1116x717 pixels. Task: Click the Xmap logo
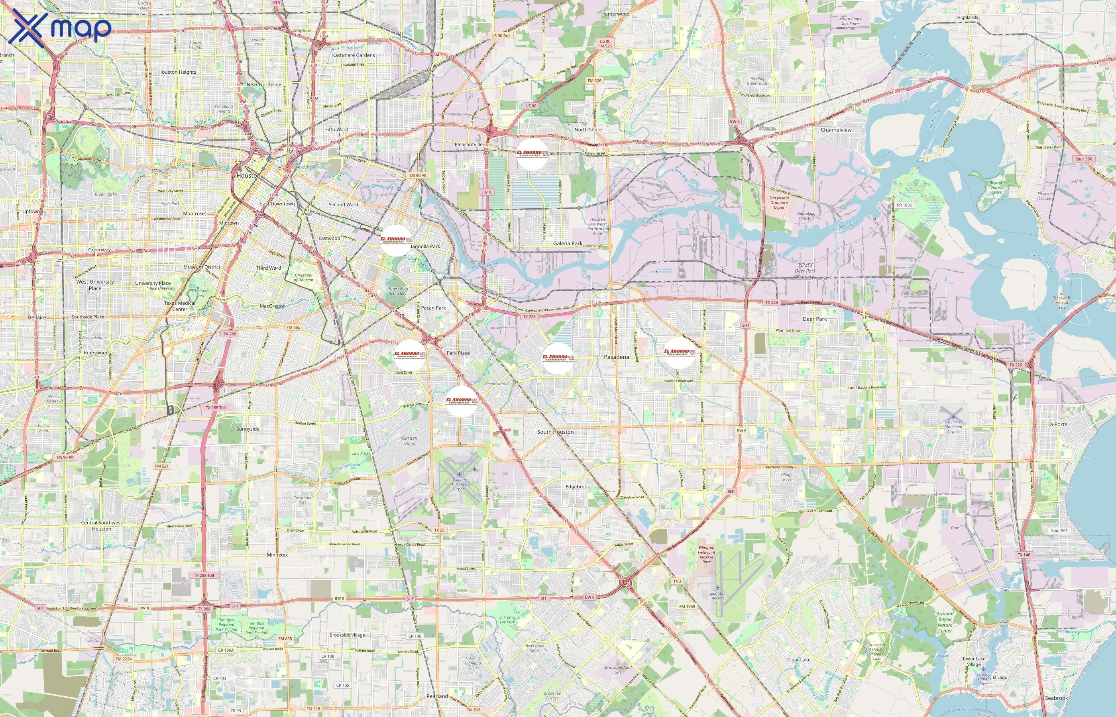60,27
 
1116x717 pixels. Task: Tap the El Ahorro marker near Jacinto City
532,154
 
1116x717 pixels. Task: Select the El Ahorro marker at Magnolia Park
396,241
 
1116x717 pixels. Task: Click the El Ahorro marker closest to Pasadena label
558,358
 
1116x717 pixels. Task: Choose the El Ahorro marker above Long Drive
410,355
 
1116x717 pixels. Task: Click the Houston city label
248,176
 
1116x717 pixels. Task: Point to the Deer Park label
815,319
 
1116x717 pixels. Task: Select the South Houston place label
555,432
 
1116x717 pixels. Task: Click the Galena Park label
567,243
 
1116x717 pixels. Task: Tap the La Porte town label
1057,424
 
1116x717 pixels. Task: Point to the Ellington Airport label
718,596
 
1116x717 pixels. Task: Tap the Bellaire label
37,317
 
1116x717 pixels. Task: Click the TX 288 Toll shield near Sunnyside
216,407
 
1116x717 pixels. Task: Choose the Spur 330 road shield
1083,159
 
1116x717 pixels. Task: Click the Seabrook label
1056,698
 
